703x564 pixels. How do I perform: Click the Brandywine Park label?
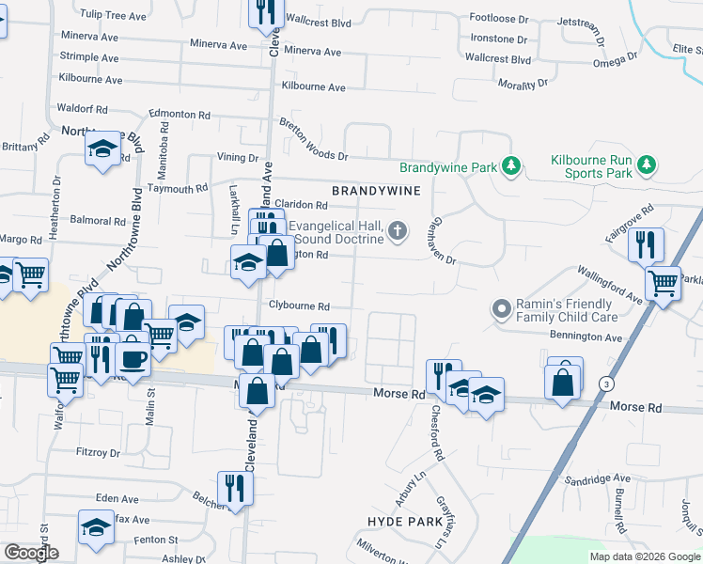coord(447,168)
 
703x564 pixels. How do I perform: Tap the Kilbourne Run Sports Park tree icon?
coord(646,165)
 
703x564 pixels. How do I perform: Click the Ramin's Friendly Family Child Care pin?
coord(501,308)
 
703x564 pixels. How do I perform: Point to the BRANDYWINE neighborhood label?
coord(373,190)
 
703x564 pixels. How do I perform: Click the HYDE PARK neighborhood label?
coord(404,520)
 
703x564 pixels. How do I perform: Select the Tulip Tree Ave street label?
coord(114,16)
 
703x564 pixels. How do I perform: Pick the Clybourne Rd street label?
coord(300,306)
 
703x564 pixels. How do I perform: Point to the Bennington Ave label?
coord(587,337)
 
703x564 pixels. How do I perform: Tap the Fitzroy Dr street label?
coord(99,452)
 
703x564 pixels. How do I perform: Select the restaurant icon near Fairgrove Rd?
coord(646,245)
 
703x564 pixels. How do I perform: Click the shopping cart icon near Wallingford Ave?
coord(664,282)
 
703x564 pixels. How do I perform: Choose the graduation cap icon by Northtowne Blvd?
coord(103,148)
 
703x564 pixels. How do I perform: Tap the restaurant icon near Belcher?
coord(233,487)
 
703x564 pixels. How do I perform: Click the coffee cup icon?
coord(133,359)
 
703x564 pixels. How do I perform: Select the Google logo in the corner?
coord(32,553)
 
